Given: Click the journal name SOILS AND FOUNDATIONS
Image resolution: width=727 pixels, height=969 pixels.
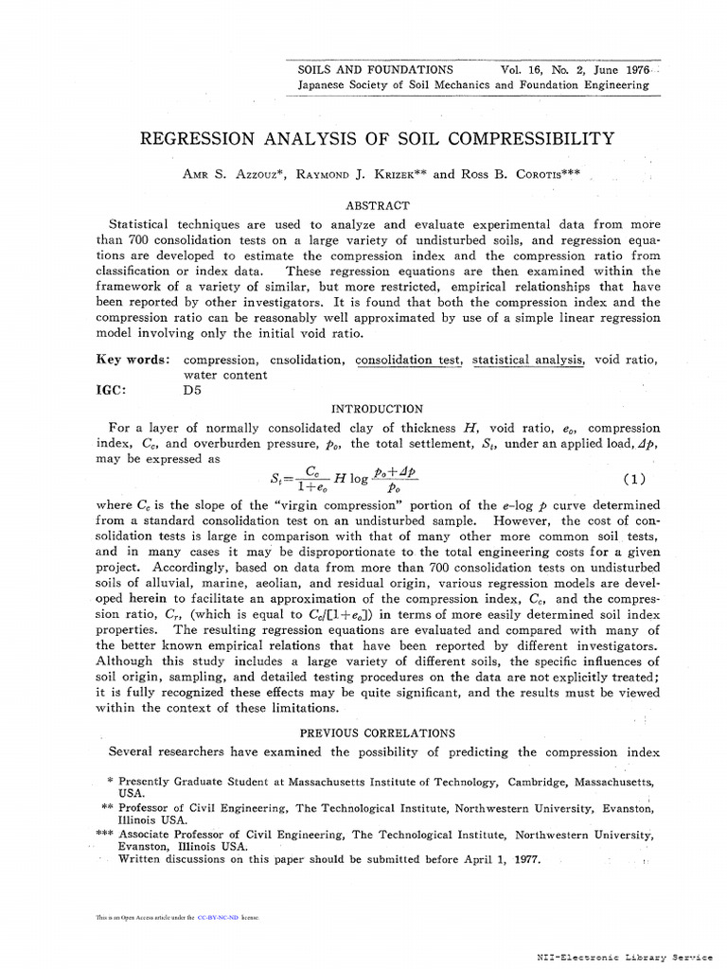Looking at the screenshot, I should (x=375, y=70).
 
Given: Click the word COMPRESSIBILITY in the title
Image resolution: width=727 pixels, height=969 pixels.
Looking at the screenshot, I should (x=535, y=139).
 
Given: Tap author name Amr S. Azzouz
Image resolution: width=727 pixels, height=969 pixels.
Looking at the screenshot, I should (x=239, y=175).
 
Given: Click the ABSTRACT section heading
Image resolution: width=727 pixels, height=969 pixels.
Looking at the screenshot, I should (x=378, y=205).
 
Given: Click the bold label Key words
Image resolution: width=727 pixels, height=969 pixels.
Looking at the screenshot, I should (x=133, y=360).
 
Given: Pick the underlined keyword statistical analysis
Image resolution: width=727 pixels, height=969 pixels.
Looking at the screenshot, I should (x=528, y=360).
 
